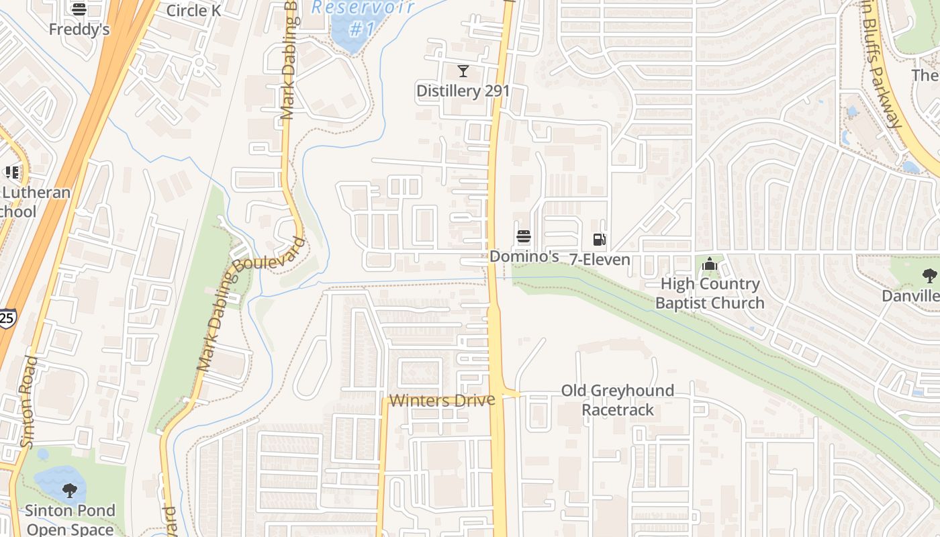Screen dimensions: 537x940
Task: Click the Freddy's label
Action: [x=79, y=30]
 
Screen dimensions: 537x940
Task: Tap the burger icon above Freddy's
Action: [x=79, y=9]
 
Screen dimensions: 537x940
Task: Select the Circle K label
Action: [x=193, y=10]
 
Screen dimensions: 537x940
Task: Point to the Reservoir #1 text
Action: [x=363, y=17]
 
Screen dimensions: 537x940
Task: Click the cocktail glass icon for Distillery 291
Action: [x=463, y=70]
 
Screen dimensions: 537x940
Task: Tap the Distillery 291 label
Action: [x=463, y=91]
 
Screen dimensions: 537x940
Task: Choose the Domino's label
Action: [x=524, y=256]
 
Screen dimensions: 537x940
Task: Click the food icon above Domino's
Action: [x=524, y=236]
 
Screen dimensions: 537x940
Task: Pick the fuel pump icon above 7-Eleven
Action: [x=600, y=240]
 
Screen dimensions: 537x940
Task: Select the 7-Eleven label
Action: [x=600, y=260]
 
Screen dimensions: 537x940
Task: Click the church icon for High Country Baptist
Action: [x=710, y=264]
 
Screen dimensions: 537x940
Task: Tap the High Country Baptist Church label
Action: [x=710, y=293]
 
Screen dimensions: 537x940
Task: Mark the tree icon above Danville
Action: [x=929, y=275]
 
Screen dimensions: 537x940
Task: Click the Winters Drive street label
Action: [x=442, y=401]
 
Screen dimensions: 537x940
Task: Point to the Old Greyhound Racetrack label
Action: [x=617, y=400]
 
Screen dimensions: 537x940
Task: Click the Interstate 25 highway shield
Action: [x=6, y=318]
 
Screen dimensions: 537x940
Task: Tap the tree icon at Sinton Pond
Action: [x=70, y=491]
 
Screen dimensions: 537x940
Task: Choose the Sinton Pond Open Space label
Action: [x=70, y=520]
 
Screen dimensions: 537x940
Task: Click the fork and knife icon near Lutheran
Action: [x=11, y=173]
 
